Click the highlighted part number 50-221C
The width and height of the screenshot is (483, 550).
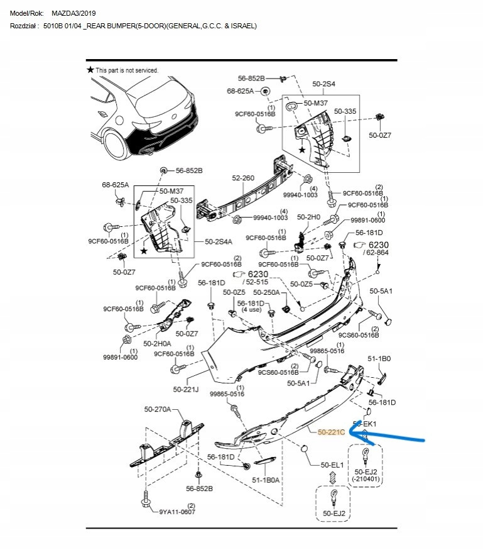tap(332, 432)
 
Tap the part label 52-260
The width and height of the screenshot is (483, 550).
tap(243, 179)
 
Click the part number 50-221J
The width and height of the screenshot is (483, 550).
tap(186, 390)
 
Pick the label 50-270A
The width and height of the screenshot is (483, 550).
tap(158, 409)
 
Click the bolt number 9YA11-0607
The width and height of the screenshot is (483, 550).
tap(177, 512)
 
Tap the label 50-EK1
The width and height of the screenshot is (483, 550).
tap(364, 424)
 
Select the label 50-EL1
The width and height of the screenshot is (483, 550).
tap(332, 465)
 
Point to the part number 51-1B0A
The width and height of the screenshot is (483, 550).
tap(266, 480)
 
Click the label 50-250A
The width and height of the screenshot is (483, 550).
tap(266, 292)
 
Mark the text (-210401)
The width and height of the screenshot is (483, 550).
tap(365, 480)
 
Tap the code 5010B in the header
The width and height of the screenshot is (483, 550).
tap(54, 26)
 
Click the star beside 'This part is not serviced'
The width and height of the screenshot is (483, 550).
tap(90, 70)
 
